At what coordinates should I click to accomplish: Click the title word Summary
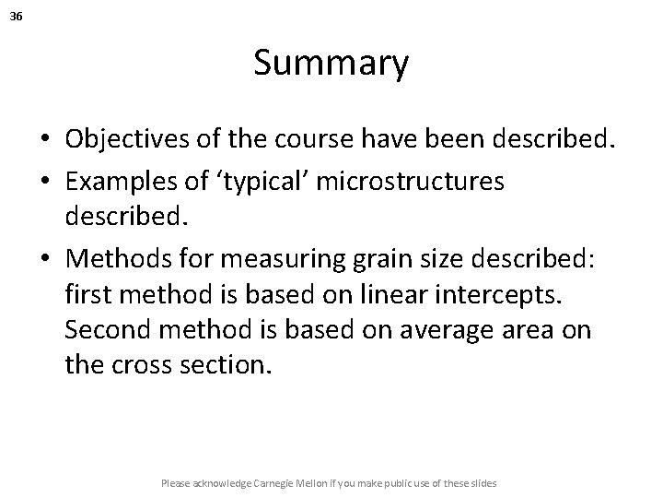(331, 64)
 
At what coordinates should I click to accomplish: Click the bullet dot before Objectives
(45, 140)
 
